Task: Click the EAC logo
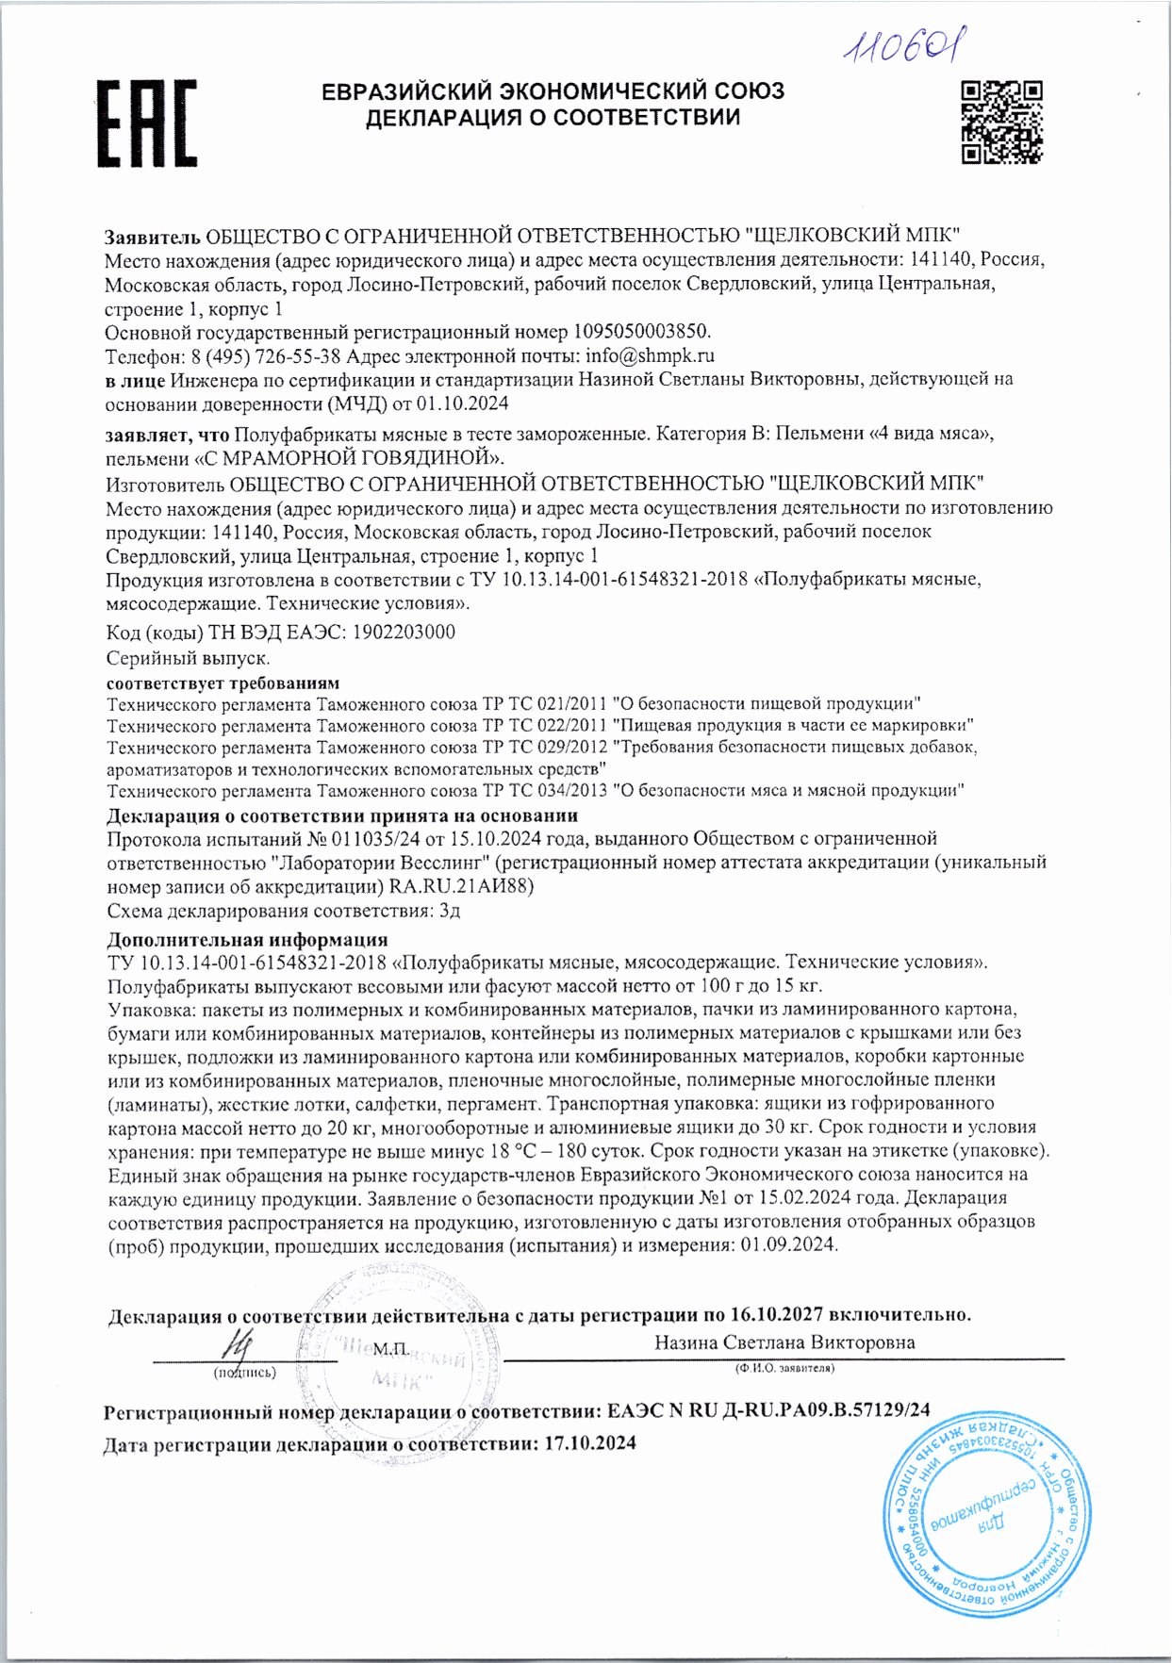147,123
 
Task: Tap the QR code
1001,123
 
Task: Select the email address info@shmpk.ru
650,355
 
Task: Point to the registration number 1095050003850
639,332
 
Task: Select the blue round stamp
986,1507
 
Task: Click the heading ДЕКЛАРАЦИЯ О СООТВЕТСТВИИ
553,117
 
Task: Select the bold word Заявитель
152,235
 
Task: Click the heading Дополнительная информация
247,939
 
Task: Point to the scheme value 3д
450,911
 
